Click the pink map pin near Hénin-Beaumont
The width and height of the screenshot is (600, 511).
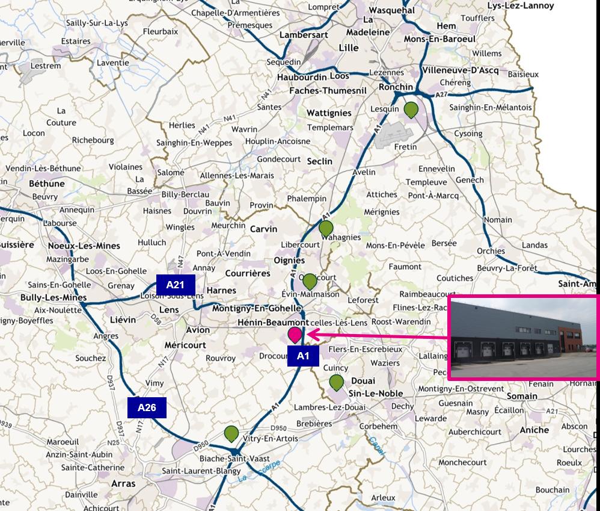295,335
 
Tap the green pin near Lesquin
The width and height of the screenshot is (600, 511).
411,110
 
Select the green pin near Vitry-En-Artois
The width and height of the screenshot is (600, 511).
231,433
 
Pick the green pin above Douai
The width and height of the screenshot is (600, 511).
336,382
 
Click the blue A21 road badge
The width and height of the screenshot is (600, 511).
175,285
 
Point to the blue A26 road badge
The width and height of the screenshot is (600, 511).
147,407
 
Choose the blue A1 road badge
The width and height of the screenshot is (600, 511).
303,356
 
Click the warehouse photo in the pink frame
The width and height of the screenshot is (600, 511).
524,338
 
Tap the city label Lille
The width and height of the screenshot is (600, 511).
349,48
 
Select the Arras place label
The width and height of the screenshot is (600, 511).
123,483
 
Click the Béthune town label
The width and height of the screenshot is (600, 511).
47,183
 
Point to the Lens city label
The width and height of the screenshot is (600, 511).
169,309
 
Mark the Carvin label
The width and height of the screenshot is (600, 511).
263,229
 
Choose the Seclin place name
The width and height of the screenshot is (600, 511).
319,161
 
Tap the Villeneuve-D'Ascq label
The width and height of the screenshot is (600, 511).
461,70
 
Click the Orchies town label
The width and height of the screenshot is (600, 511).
491,251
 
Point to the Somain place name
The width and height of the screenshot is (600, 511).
522,396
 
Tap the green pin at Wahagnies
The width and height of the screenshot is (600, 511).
326,228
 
